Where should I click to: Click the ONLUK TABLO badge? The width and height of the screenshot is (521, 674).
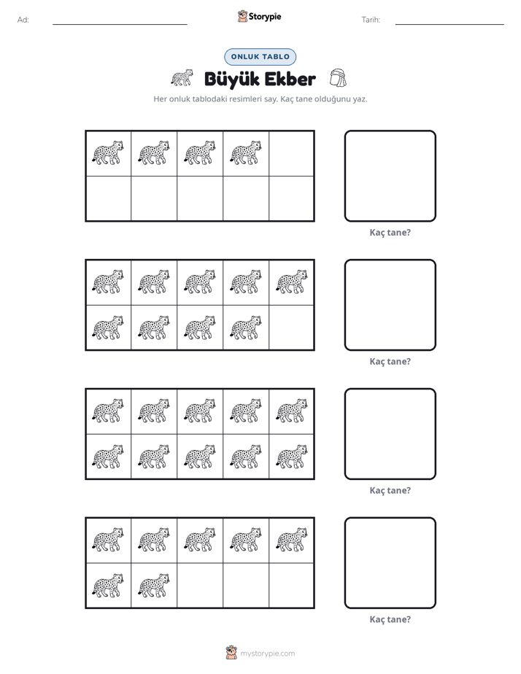[x=260, y=57]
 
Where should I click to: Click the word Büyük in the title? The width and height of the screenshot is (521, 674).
[x=231, y=80]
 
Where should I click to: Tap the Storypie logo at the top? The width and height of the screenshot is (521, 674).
[x=260, y=16]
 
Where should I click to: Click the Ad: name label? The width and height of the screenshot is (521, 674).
[x=23, y=20]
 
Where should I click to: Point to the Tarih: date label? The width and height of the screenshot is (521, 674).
[x=371, y=20]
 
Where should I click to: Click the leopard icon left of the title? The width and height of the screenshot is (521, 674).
[x=182, y=77]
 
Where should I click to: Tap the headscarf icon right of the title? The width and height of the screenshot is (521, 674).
[x=339, y=78]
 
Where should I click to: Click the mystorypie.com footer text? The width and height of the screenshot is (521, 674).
[x=267, y=654]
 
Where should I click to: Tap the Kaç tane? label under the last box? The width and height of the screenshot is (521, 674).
[x=390, y=619]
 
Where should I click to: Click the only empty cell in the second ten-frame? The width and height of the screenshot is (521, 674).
[x=292, y=328]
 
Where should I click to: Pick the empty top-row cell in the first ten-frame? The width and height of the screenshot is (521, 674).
[x=292, y=153]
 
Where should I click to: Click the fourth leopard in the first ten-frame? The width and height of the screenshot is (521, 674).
[x=245, y=152]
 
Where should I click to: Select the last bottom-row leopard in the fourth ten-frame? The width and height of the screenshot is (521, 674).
[x=154, y=585]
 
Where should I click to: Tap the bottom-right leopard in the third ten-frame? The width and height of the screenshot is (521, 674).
[x=292, y=456]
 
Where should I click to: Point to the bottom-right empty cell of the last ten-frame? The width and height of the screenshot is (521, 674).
[x=292, y=586]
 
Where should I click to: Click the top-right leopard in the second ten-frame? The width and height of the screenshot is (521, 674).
[x=292, y=282]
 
